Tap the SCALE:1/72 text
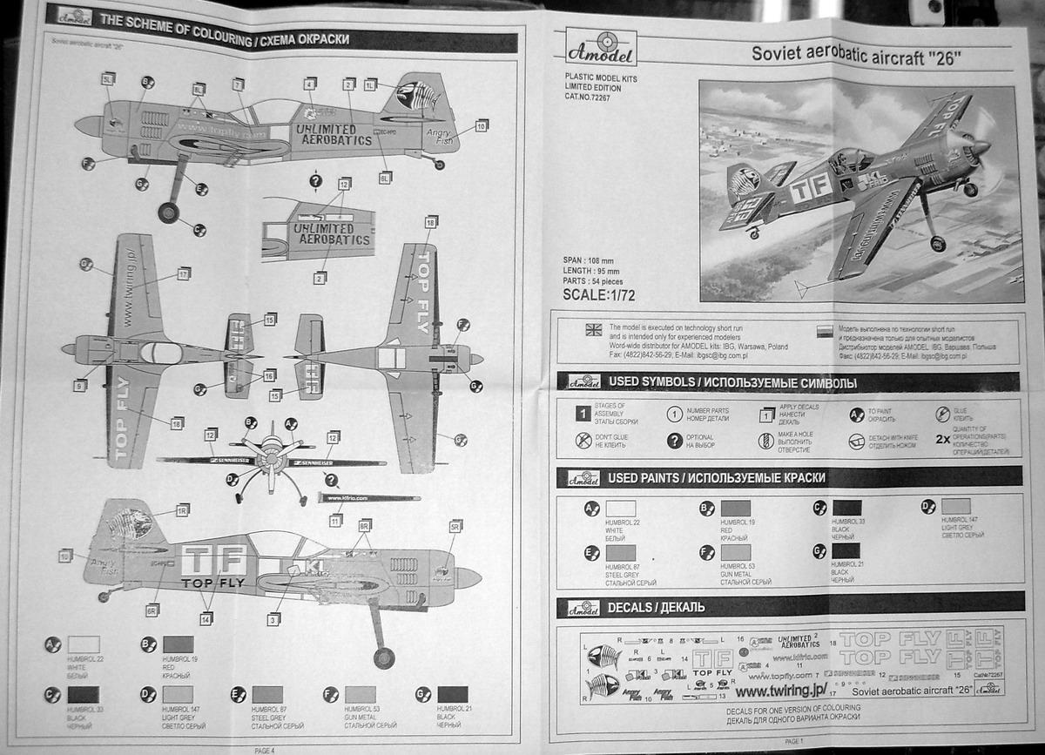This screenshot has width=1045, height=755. pos(599,294)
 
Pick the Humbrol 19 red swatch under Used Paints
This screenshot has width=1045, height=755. pos(735,509)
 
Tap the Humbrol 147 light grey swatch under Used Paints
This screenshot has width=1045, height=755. pos(955,506)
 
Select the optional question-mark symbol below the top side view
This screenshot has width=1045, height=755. pos(315,181)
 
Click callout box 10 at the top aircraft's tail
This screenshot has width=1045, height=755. pos(482,125)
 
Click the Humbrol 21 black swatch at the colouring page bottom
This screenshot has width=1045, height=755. pos(453,693)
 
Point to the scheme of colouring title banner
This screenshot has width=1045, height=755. pos(225,39)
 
